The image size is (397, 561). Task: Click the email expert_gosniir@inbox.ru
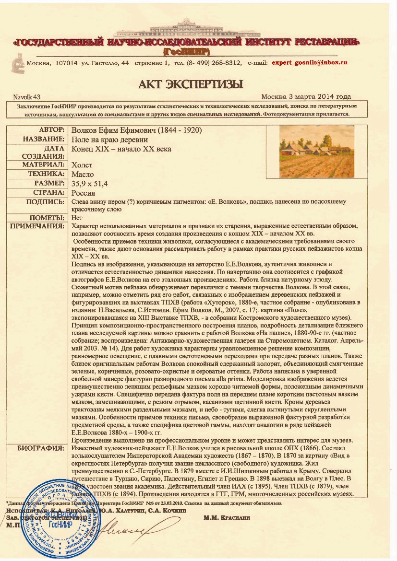(x=309, y=63)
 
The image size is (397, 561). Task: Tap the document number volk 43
(x=27, y=97)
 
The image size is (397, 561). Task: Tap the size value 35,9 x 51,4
(x=90, y=183)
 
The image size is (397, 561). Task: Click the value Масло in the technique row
(x=83, y=175)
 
